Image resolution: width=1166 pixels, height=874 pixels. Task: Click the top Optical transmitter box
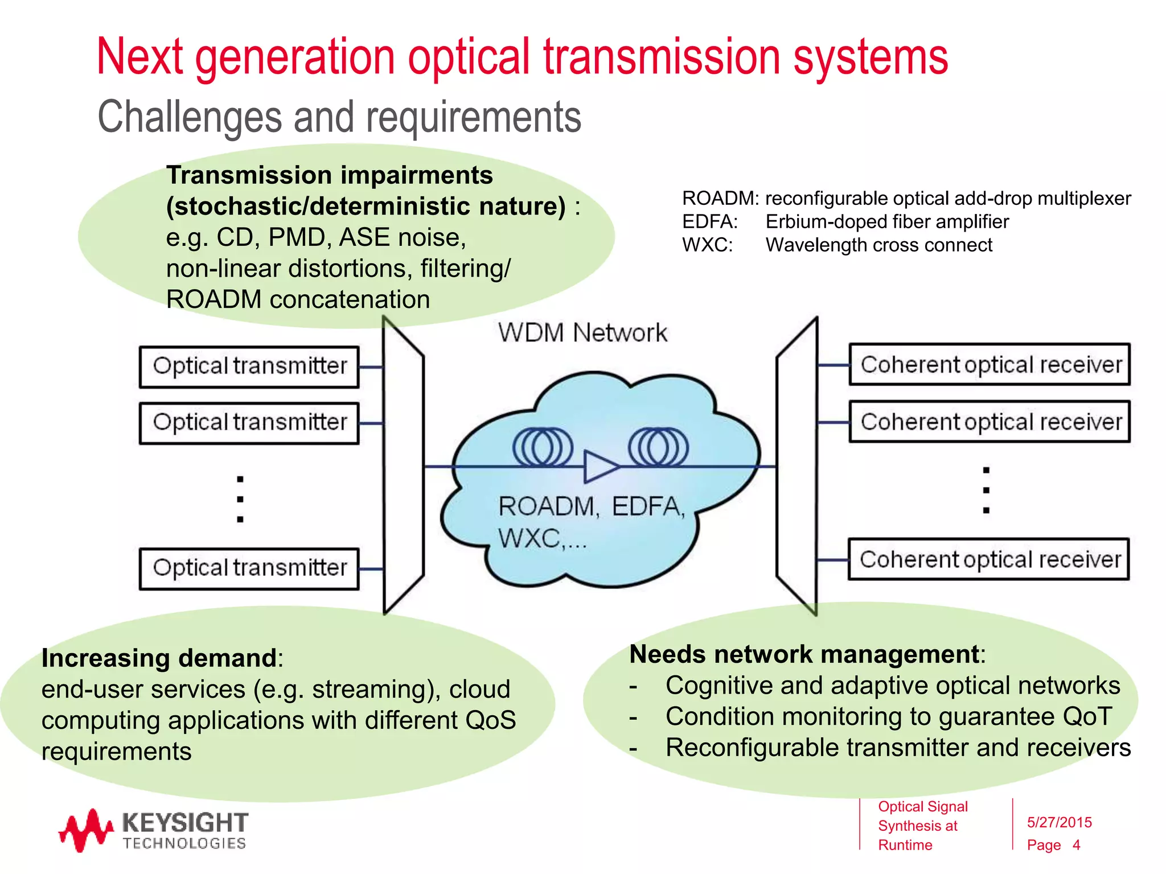coord(249,366)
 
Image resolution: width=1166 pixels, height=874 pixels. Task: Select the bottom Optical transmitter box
coord(249,568)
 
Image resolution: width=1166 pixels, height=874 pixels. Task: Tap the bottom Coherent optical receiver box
coord(989,559)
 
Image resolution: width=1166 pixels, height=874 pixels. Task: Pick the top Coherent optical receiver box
coord(990,364)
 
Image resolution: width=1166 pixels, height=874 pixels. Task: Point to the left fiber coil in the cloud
coord(543,447)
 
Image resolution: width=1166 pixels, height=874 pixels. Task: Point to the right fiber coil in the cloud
coord(658,447)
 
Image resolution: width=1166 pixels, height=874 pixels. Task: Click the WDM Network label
coord(582,332)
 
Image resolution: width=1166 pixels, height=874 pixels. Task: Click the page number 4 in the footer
coord(1076,845)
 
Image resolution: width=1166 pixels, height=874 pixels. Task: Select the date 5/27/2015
coord(1059,822)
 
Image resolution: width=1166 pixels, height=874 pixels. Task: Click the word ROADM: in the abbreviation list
coord(720,199)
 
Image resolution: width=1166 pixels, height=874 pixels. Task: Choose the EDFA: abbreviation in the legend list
coord(709,222)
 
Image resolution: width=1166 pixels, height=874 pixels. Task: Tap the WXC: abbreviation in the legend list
coord(707,245)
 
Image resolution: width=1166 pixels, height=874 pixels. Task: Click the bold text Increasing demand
coord(159,658)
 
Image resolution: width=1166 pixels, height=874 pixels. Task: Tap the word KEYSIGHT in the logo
coord(185,823)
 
